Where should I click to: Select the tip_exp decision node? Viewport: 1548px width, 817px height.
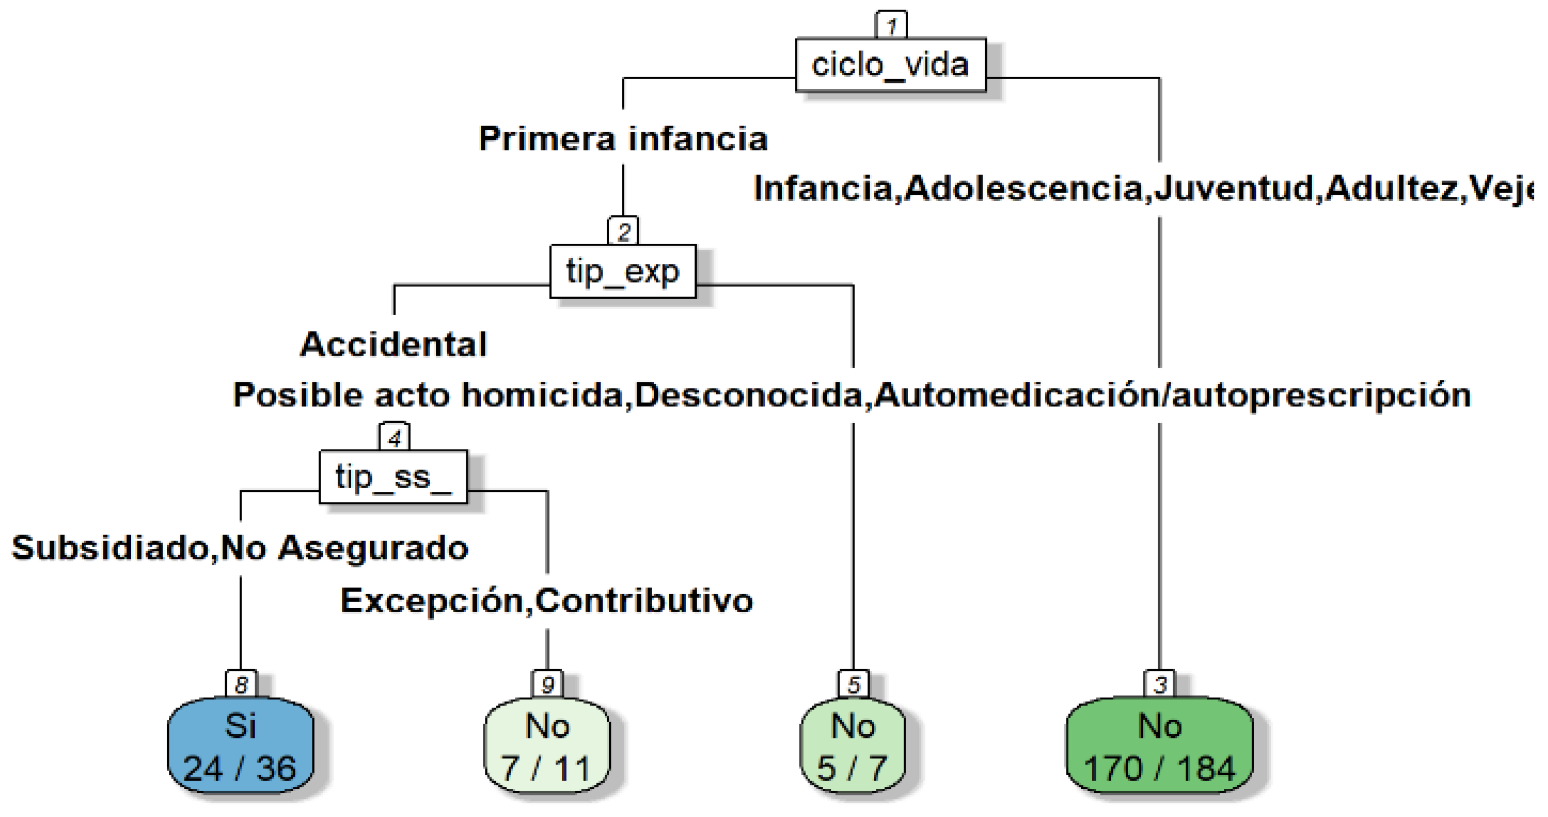click(x=622, y=271)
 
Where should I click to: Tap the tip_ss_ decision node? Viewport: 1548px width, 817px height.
click(x=393, y=477)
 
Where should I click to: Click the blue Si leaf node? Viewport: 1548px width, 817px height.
click(x=241, y=745)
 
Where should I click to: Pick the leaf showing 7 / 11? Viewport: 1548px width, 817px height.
click(x=547, y=745)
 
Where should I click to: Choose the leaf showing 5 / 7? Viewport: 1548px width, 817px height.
click(x=852, y=745)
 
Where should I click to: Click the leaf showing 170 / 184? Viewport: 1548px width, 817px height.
click(x=1159, y=745)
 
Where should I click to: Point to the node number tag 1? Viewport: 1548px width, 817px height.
click(x=891, y=26)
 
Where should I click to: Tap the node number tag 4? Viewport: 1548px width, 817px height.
click(x=394, y=438)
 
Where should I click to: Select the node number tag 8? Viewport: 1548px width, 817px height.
click(x=241, y=683)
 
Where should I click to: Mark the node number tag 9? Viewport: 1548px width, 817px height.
click(x=547, y=683)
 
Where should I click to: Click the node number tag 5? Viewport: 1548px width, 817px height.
click(x=853, y=683)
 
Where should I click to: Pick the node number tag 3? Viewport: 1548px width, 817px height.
click(x=1160, y=683)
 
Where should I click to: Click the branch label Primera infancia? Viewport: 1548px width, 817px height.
click(x=623, y=139)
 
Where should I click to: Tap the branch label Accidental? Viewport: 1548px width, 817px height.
click(x=393, y=345)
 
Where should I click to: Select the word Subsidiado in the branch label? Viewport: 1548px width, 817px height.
click(x=110, y=548)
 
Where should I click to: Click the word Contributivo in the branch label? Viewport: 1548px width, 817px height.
click(x=643, y=601)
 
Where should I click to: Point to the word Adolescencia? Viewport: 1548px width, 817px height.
click(x=1023, y=188)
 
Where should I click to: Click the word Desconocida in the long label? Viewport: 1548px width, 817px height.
click(x=749, y=396)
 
